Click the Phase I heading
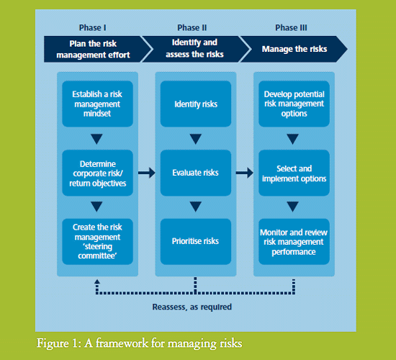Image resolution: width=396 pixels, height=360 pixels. point(92,27)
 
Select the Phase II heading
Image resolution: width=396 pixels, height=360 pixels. point(192,27)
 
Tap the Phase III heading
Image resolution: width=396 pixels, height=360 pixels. point(291,27)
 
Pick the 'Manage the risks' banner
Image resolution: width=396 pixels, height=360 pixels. point(294,49)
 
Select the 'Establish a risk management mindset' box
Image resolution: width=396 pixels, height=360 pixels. point(97,104)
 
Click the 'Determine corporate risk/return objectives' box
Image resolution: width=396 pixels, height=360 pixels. point(97,173)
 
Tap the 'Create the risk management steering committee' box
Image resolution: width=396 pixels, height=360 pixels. point(97,241)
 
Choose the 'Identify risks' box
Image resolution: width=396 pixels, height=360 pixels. point(196,104)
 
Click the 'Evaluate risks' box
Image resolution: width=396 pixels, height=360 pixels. point(196,173)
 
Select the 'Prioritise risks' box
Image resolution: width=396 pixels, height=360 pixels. point(196,241)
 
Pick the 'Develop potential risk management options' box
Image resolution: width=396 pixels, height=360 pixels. point(294,104)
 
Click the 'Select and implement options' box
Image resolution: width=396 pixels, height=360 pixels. point(294,173)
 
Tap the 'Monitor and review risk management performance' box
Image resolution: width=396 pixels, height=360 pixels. point(294,241)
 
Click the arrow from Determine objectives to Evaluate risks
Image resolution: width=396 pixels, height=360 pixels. point(147,173)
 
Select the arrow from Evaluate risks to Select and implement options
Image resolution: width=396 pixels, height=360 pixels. point(245,173)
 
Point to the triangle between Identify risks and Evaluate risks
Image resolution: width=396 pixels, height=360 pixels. point(195,139)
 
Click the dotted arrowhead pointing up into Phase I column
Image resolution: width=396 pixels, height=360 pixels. point(97,282)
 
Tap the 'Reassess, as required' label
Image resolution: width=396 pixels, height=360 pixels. point(192,307)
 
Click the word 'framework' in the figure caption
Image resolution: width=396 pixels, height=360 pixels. point(122,343)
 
